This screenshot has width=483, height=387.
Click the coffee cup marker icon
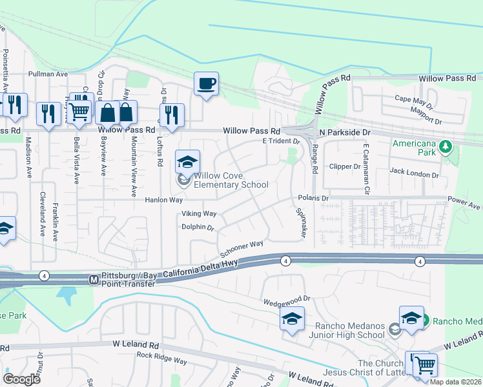pos(206,84)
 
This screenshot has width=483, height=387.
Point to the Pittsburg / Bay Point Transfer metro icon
pos(93,280)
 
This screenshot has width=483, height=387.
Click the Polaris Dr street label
pos(313,198)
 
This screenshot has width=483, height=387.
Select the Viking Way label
pos(199,213)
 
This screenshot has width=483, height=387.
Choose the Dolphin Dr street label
pos(197,227)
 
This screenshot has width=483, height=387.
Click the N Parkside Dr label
pos(346,132)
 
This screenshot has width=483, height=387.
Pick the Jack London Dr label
pos(414,173)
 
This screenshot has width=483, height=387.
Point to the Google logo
pos(22,379)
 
